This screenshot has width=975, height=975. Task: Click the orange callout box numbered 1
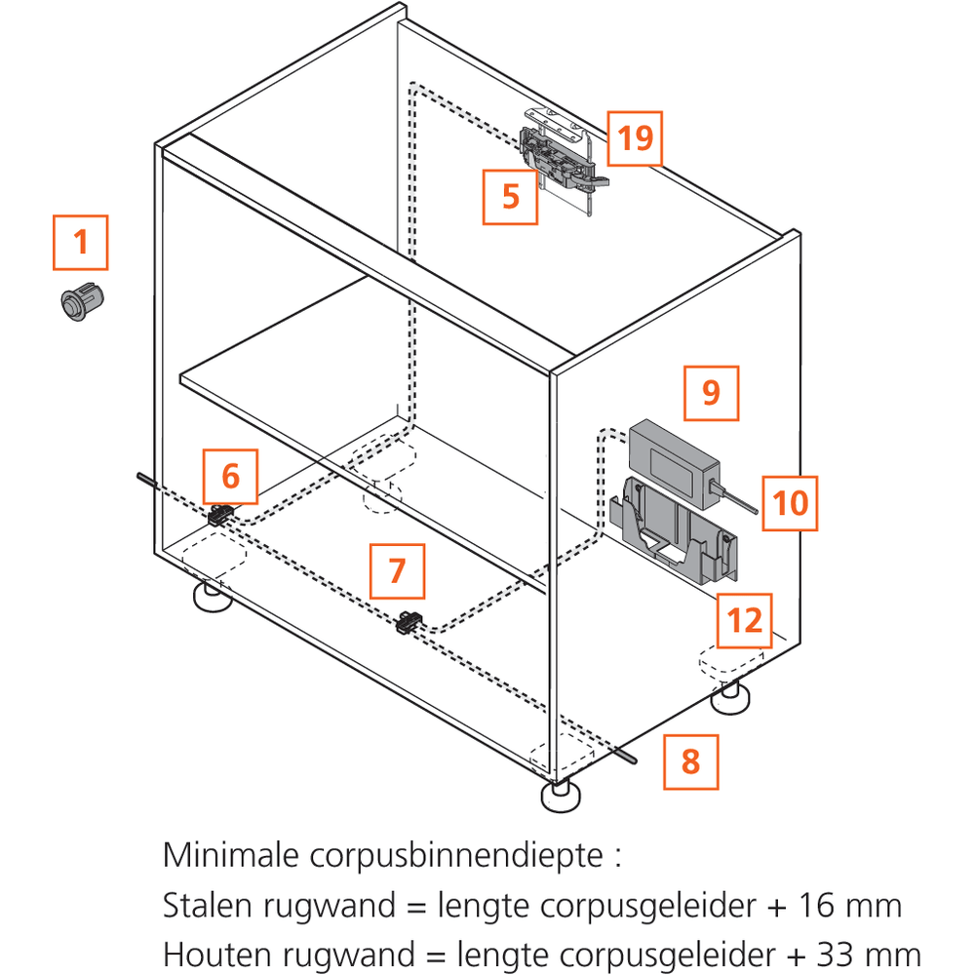[x=80, y=243]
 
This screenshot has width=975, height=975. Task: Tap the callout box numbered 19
[x=635, y=138]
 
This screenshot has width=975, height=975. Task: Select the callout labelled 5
[x=510, y=197]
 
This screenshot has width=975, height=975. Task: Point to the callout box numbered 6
[x=230, y=477]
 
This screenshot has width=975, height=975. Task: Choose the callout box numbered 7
[x=398, y=570]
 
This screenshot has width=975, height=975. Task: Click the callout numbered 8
[x=691, y=761]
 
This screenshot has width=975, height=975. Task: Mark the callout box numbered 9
[x=712, y=393]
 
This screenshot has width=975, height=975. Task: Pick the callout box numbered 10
[x=790, y=503]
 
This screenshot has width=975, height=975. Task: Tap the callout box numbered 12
[x=744, y=620]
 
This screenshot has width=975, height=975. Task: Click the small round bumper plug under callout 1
[x=82, y=302]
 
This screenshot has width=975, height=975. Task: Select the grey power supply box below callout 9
[x=674, y=462]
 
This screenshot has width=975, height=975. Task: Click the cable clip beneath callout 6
[x=220, y=515]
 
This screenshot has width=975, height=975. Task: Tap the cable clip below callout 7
[x=409, y=622]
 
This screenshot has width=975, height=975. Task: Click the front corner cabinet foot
[x=561, y=796]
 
